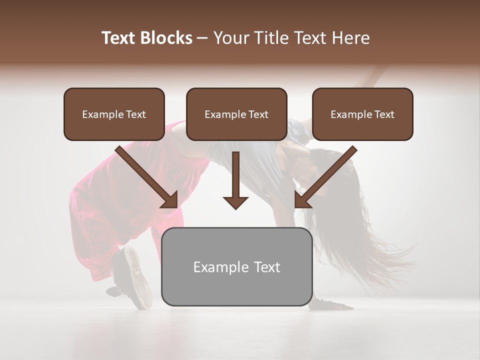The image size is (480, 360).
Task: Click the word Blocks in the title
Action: point(166,38)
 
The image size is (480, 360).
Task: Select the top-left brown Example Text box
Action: point(114,114)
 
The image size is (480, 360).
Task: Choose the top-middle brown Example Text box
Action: point(236,114)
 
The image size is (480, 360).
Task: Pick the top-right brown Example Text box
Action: point(362,114)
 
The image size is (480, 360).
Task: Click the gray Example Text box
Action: point(236,267)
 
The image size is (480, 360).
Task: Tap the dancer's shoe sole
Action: point(137,275)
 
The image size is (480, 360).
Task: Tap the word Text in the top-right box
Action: point(384,114)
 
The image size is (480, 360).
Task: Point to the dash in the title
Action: point(202,38)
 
